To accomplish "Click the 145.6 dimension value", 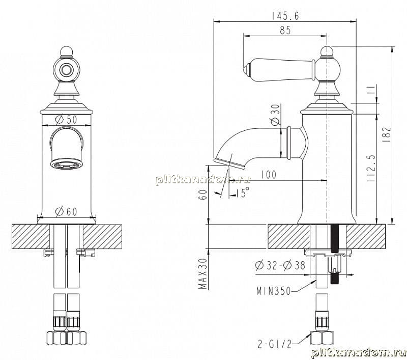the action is click(285, 16).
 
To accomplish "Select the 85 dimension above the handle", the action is click(285, 31).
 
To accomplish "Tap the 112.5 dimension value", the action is click(371, 168).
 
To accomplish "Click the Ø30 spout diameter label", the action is click(276, 115).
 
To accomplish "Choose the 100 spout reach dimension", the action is click(269, 175).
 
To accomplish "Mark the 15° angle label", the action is click(243, 192).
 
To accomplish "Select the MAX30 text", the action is click(202, 273).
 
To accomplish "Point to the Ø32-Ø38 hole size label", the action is click(280, 265).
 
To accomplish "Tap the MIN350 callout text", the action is click(274, 291).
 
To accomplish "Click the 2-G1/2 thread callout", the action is click(275, 344).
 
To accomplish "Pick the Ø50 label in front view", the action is click(67, 120).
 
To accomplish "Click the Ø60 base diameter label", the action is click(67, 212).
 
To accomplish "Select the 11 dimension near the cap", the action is click(372, 90).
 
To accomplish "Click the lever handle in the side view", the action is click(279, 70).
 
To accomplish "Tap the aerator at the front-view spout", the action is click(66, 165).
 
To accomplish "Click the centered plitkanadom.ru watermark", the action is click(203, 179).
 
